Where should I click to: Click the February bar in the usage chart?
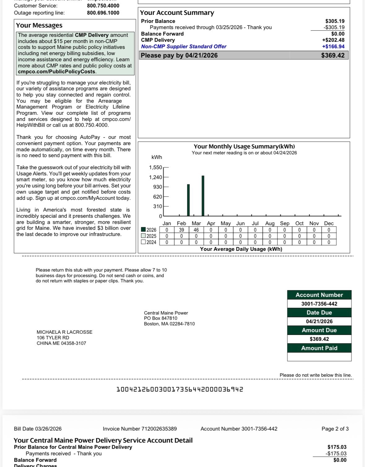click(x=188, y=200)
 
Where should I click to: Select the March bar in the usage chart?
click(x=203, y=196)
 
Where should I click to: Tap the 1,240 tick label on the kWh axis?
click(x=155, y=177)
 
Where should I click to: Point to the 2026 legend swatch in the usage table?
click(x=143, y=230)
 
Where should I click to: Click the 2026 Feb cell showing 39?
click(x=181, y=230)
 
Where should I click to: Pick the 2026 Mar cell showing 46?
click(x=196, y=230)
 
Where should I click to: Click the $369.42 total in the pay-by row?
click(x=332, y=55)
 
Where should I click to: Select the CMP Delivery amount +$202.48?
click(x=333, y=40)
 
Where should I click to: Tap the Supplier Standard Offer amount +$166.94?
click(x=333, y=46)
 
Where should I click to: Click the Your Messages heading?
click(x=39, y=25)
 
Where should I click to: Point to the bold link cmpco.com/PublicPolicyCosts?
click(x=57, y=72)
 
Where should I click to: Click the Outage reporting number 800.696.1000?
click(x=103, y=13)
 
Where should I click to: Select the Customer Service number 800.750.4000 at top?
click(x=103, y=6)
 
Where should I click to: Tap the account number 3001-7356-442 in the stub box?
click(x=319, y=304)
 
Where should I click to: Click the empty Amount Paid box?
click(x=319, y=357)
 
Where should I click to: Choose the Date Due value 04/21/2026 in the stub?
click(x=319, y=321)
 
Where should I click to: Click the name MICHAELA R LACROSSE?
click(x=64, y=332)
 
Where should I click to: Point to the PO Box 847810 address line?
click(x=160, y=318)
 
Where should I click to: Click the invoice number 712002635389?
click(x=159, y=429)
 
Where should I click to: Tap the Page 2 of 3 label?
click(x=335, y=429)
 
